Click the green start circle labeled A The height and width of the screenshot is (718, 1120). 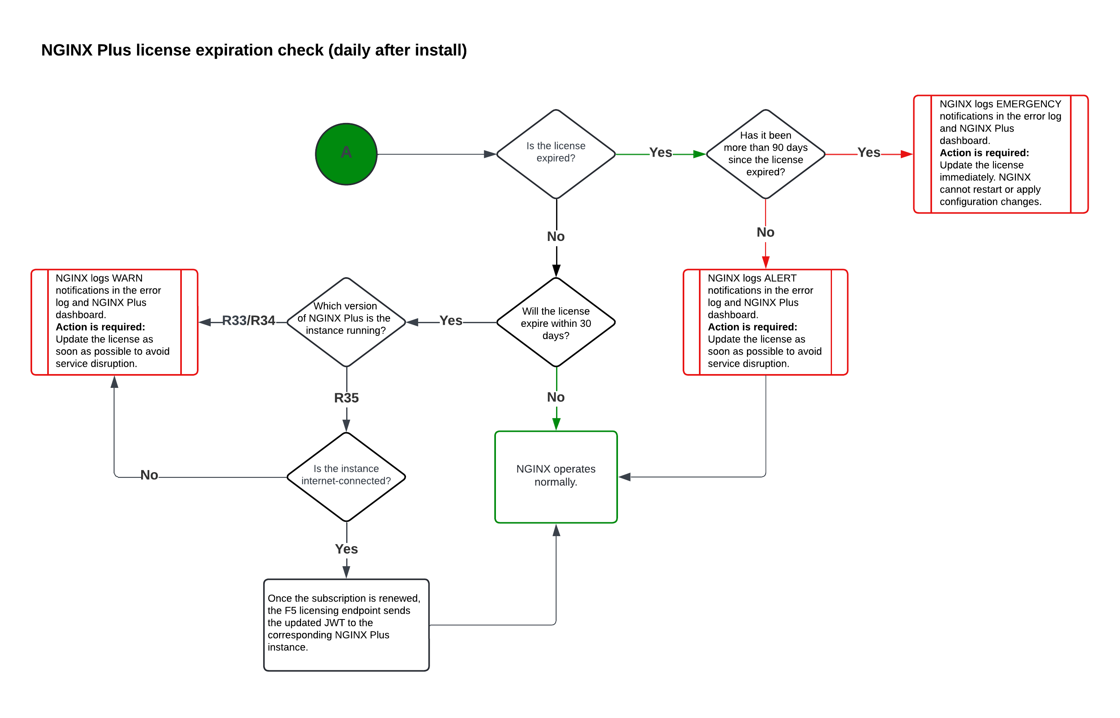point(346,154)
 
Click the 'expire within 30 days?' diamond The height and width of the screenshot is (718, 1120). point(555,323)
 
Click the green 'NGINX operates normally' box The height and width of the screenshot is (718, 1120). point(555,477)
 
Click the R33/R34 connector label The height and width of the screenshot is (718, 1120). point(248,321)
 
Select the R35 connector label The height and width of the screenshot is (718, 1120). point(346,398)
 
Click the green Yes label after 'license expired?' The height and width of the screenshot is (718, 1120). point(660,153)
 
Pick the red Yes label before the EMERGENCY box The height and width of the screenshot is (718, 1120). point(869,153)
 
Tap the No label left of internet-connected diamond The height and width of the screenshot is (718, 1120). point(149,475)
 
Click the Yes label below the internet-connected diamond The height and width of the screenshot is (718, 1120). point(346,549)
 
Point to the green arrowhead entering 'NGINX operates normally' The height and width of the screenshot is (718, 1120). point(556,424)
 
